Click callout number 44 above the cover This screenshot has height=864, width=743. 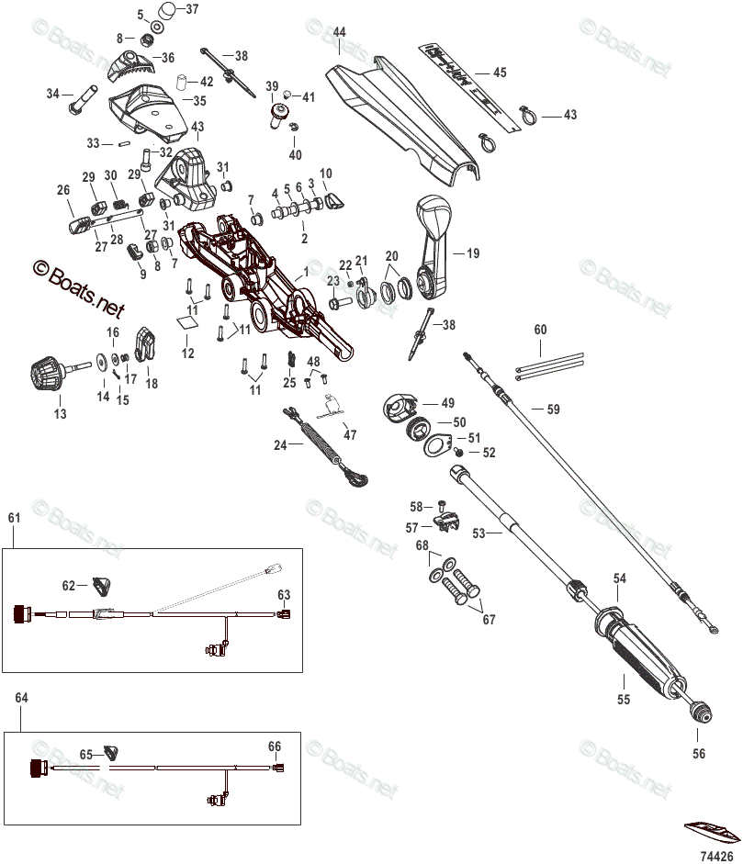point(339,32)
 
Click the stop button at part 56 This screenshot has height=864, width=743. point(700,713)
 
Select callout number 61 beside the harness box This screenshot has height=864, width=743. point(14,519)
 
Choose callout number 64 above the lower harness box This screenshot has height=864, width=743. point(22,699)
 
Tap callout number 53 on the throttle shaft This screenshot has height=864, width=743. point(478,533)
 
